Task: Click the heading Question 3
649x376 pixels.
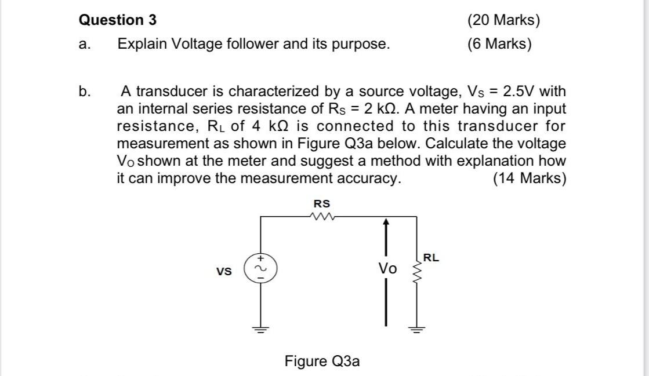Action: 117,20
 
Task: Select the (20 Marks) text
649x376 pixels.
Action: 503,20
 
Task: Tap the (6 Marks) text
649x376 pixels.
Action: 499,44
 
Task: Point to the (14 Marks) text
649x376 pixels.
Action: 529,178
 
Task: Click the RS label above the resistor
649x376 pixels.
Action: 322,204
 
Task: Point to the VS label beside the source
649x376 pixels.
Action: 224,271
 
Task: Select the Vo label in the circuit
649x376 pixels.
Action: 387,269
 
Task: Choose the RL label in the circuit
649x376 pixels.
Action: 431,258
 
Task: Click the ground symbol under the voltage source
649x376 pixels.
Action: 260,330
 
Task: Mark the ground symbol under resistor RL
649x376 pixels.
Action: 416,330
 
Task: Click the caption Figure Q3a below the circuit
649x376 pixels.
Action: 322,362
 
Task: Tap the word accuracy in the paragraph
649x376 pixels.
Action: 369,178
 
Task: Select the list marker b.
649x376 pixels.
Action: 85,92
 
